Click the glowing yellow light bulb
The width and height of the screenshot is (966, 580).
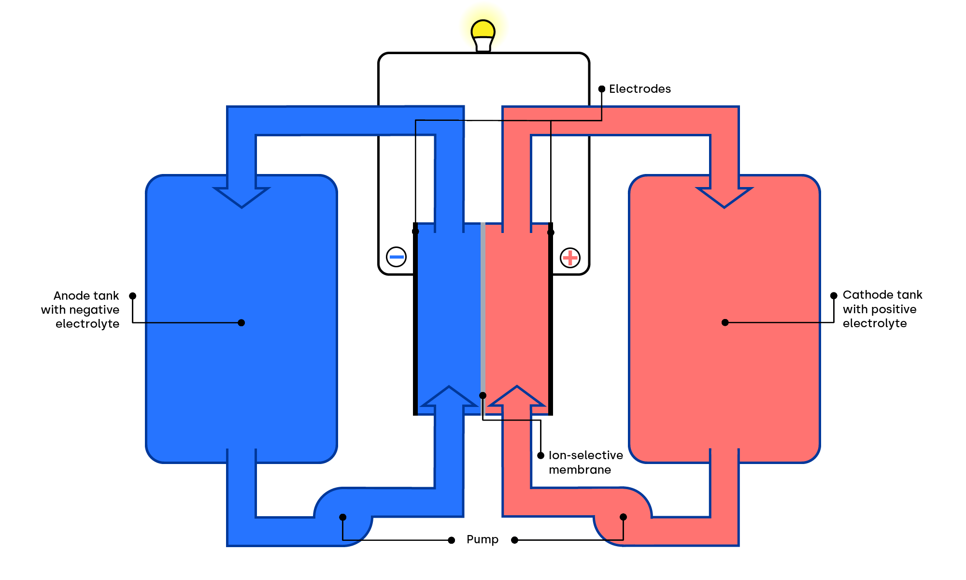point(483,34)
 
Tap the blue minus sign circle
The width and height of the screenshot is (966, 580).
point(396,257)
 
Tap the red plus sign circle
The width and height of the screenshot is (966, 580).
point(570,257)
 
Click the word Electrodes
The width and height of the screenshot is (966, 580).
point(639,89)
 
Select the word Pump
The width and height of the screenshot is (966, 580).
point(482,539)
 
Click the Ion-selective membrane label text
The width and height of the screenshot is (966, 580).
point(585,463)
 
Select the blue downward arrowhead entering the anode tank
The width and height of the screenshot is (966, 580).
point(241,196)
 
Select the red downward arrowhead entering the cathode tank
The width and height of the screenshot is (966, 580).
point(724,196)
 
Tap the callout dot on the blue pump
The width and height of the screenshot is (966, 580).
point(342,517)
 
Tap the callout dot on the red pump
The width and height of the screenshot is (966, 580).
point(623,517)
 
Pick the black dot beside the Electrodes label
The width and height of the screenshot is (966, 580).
point(602,89)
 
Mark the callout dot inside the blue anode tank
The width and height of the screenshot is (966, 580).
point(241,323)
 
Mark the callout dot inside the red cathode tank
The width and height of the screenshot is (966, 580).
point(725,322)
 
